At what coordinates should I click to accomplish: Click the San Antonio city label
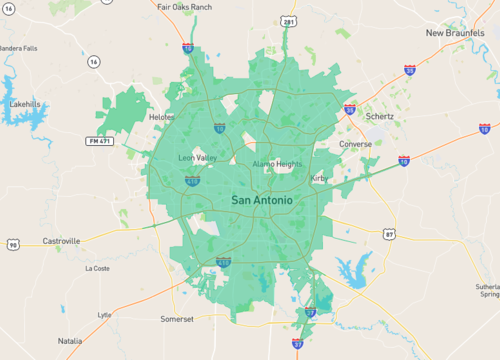click(262, 201)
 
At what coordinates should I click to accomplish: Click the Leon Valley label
click(197, 158)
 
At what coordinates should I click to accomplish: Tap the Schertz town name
click(379, 116)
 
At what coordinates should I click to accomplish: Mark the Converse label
click(355, 144)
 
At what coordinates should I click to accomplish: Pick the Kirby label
click(319, 178)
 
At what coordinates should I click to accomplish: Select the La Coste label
click(97, 268)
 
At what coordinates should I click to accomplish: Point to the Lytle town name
click(104, 314)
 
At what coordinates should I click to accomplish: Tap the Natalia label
click(69, 340)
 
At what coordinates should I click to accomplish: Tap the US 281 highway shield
click(288, 20)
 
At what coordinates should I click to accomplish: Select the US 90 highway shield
click(12, 245)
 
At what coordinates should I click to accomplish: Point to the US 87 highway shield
click(388, 234)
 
